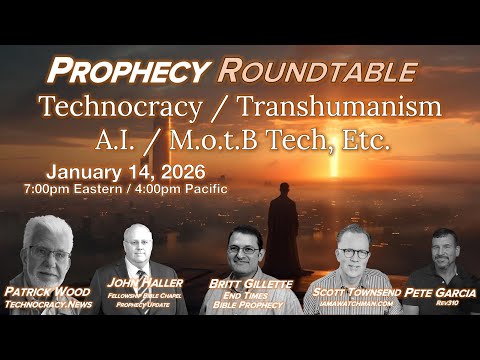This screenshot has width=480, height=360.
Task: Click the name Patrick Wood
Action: [47, 297]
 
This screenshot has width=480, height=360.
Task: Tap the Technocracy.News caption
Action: [47, 311]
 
